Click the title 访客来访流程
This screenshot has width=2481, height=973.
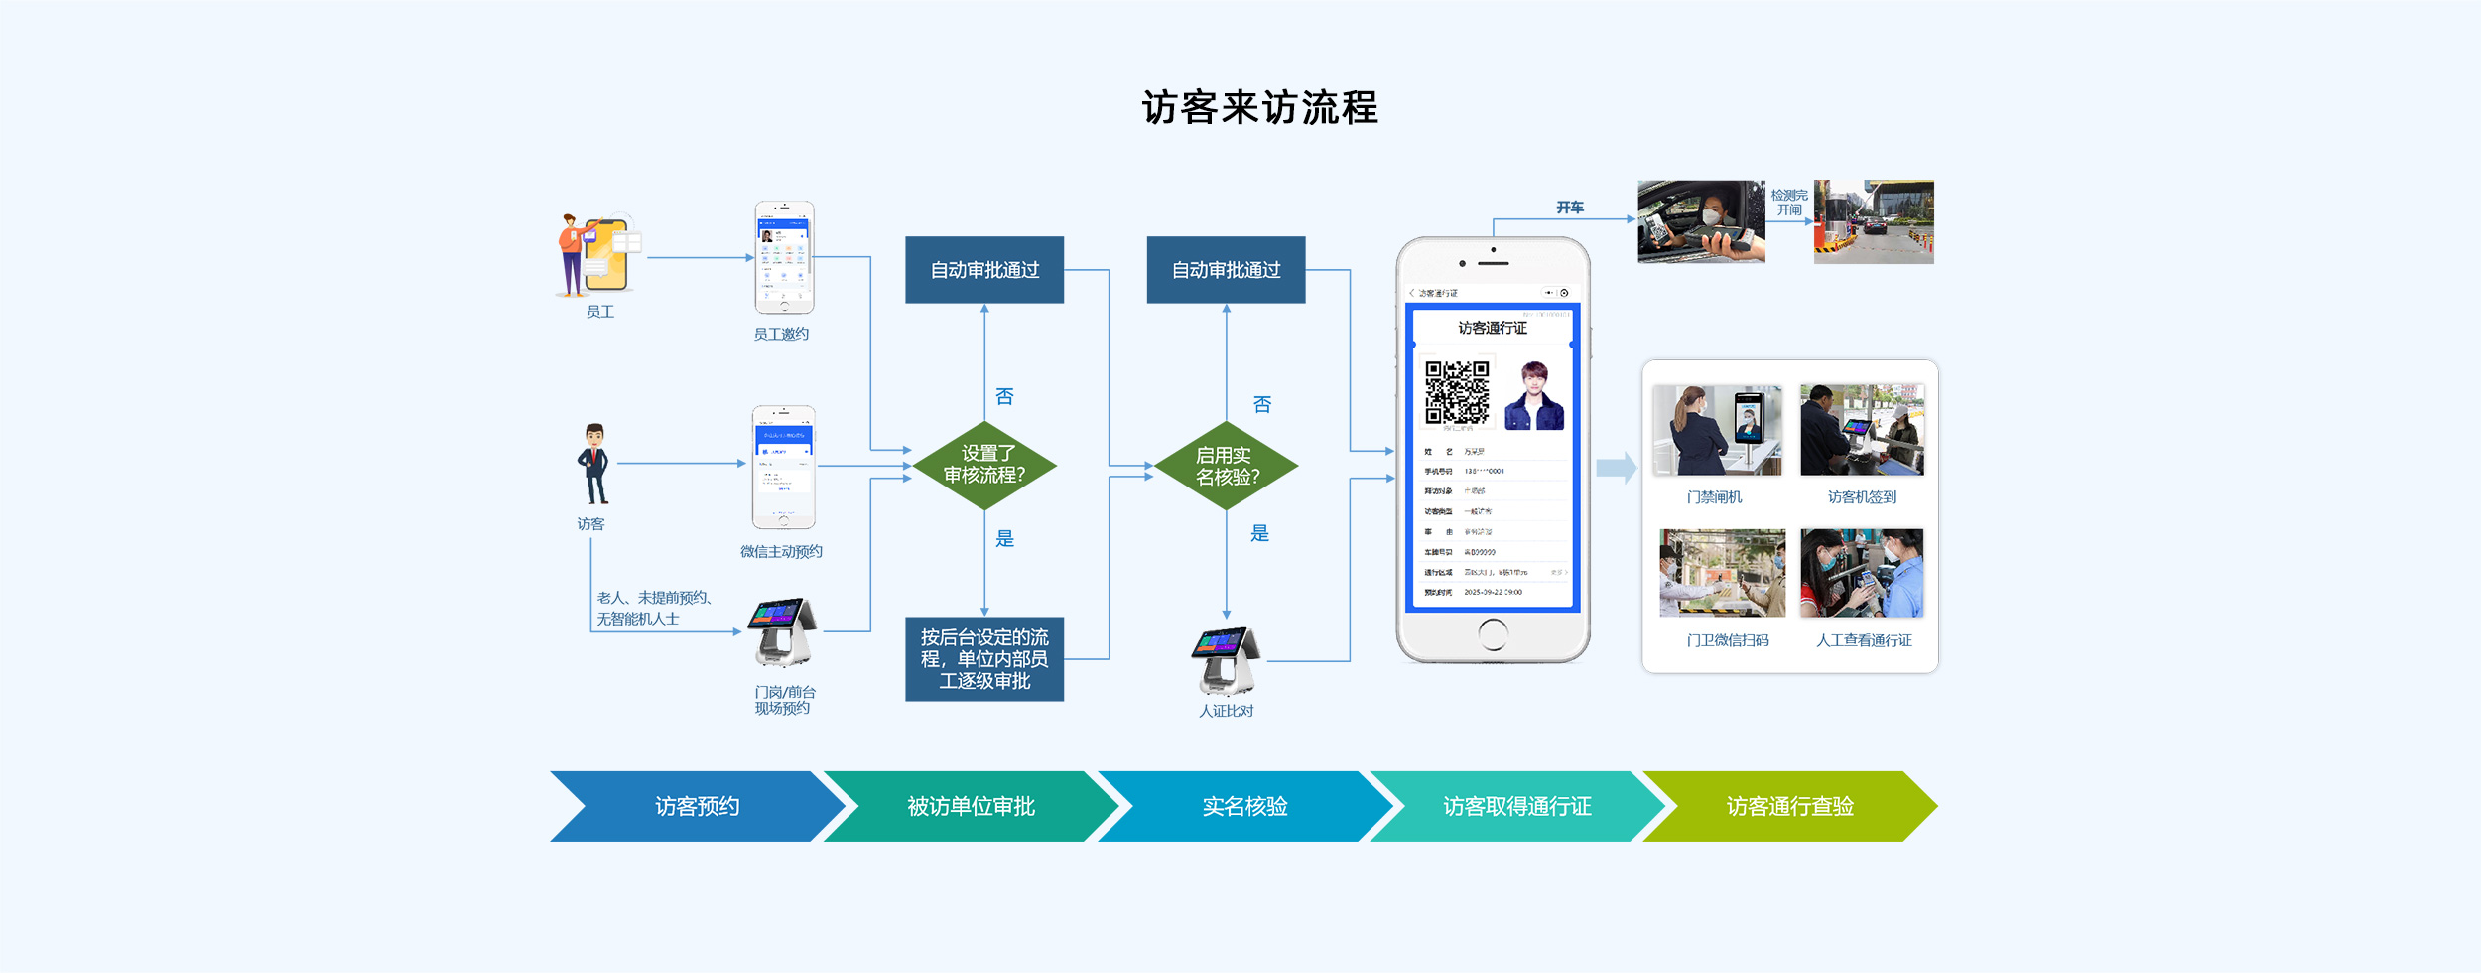1259,107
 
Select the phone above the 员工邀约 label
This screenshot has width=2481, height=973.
784,257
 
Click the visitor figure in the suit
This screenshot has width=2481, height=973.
593,464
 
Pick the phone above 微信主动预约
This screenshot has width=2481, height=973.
783,467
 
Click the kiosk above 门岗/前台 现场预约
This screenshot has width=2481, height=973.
783,631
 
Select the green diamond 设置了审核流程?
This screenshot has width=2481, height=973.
983,465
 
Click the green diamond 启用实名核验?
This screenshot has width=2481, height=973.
1227,466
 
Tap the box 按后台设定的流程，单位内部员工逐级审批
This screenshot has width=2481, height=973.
983,659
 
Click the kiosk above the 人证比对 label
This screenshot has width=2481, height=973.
1227,660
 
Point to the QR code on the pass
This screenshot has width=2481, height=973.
1456,392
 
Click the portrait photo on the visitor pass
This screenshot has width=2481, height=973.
1534,395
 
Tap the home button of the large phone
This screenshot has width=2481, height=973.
1492,633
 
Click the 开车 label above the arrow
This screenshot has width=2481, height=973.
1570,208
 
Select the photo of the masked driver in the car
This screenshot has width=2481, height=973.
1701,221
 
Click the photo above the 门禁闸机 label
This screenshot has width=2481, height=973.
1717,430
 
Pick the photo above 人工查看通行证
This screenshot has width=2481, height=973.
1862,573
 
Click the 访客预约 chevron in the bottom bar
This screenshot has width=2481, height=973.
697,806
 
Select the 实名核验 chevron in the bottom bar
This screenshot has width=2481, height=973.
1244,806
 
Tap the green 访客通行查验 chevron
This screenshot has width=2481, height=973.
1789,806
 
